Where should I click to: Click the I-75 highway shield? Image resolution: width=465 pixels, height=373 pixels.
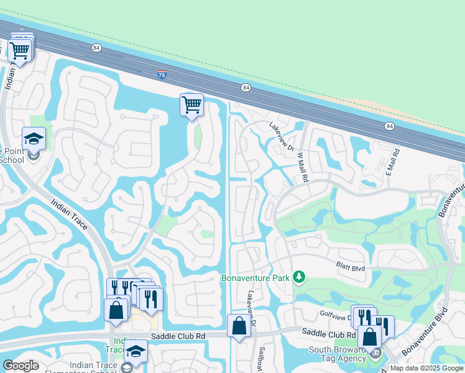coord(162,75)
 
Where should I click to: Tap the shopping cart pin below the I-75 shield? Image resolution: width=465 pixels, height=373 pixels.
coord(191,104)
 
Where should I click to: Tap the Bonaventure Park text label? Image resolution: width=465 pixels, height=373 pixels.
coord(256,278)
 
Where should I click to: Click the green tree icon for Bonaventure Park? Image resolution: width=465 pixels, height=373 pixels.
coord(299,276)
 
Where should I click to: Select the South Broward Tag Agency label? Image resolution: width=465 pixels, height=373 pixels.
coord(337,354)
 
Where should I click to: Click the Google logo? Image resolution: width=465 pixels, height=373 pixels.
coord(21,366)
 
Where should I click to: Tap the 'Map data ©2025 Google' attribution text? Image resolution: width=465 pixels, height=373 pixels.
coord(426,368)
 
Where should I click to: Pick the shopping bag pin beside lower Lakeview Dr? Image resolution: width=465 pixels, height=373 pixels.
coord(239,326)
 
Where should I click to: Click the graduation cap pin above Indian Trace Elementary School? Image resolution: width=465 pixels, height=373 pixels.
coord(136,351)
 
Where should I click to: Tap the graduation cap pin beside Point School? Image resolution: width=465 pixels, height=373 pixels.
coord(34,139)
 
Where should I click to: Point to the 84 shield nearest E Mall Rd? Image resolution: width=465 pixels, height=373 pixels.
coord(389,126)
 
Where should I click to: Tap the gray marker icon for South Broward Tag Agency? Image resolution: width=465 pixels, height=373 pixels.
coord(375,353)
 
